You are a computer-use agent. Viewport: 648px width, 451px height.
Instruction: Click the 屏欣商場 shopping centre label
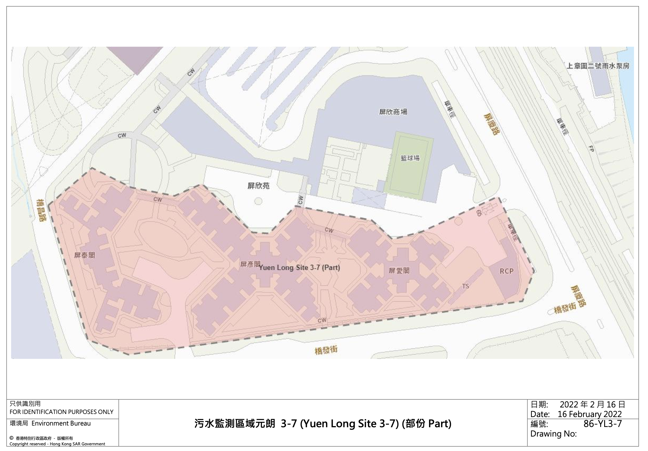click(393, 112)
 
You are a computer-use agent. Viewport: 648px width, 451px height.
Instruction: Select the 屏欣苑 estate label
click(258, 186)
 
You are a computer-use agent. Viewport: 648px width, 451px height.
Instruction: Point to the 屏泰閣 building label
click(84, 255)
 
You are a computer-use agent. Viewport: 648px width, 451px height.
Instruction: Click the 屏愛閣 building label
click(399, 271)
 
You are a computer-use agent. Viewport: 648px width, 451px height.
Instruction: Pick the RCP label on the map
click(506, 271)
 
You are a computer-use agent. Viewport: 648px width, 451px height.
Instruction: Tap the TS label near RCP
click(465, 286)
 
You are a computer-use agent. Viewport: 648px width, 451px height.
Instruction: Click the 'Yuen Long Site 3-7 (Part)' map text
click(300, 267)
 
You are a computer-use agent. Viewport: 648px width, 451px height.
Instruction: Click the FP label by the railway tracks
click(591, 149)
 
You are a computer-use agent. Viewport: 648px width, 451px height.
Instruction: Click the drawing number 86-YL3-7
click(603, 424)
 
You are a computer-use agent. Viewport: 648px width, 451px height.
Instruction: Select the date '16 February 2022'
click(590, 414)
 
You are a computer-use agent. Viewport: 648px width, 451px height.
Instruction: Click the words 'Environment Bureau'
click(61, 423)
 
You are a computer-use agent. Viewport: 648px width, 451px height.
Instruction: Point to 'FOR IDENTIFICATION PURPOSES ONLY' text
click(61, 412)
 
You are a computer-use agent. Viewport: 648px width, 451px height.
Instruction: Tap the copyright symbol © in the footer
click(11, 438)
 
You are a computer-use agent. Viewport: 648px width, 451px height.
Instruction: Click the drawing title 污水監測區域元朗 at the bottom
click(235, 424)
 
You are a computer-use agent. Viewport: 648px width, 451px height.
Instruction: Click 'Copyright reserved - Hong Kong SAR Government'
click(57, 444)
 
